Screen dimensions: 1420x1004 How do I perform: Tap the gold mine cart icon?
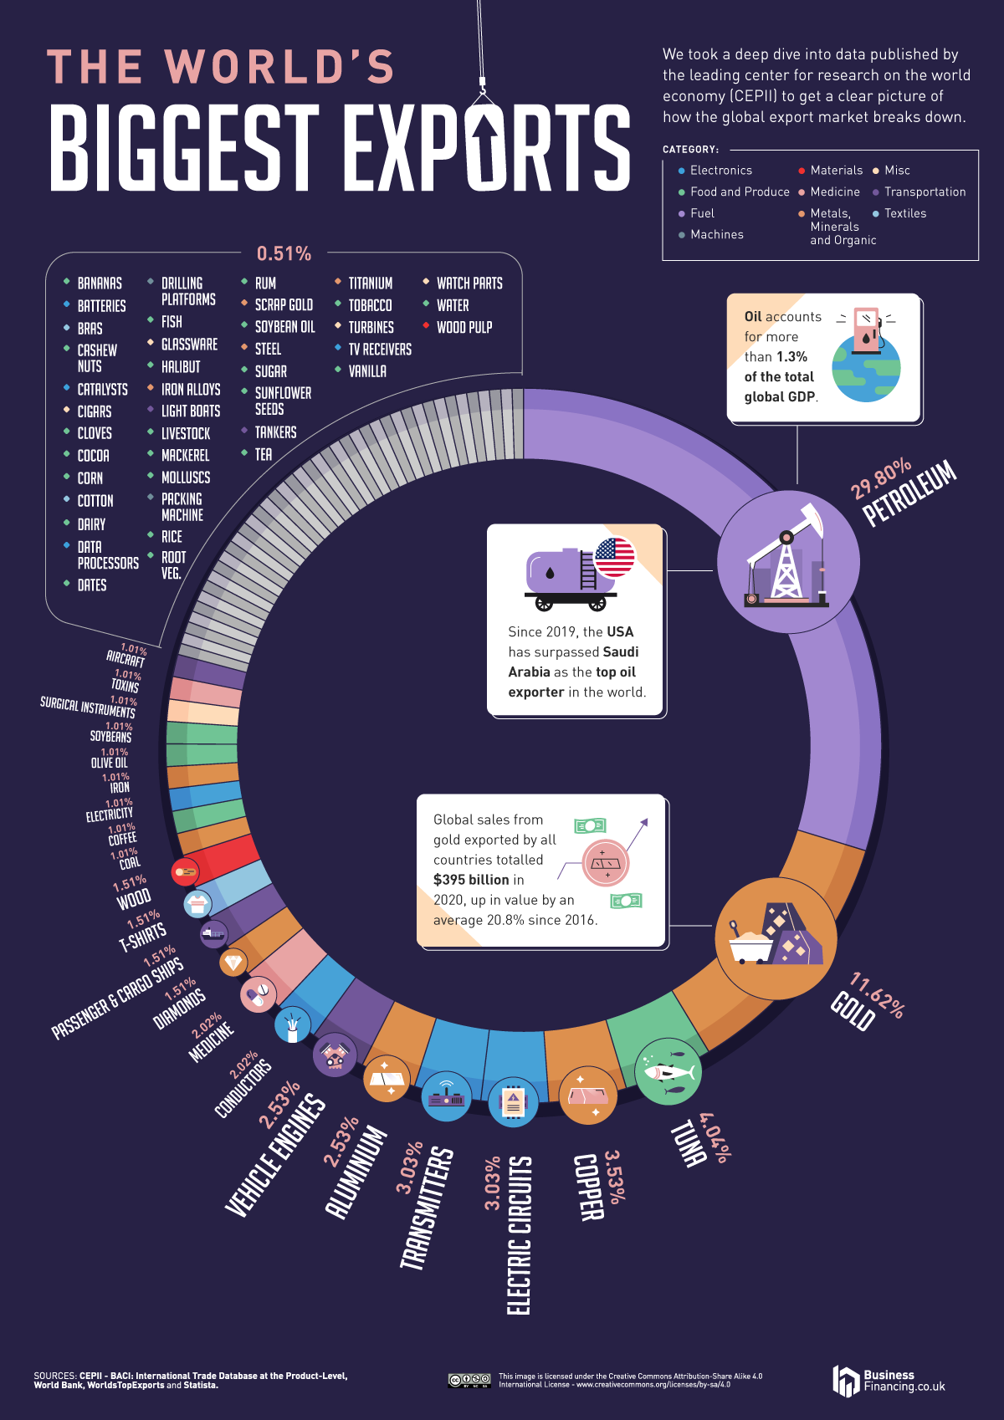coord(775,938)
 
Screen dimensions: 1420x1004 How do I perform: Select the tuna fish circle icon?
coord(667,1072)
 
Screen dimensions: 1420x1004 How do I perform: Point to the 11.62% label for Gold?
coord(877,994)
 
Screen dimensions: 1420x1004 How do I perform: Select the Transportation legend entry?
coord(925,192)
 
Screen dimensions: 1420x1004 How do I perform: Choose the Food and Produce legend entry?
coord(739,192)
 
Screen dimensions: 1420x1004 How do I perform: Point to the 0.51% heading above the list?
coord(284,253)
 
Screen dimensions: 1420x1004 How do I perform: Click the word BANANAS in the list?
coord(100,283)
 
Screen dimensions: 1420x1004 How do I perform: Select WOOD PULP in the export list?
coord(464,328)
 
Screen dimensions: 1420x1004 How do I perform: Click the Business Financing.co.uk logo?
coord(889,1381)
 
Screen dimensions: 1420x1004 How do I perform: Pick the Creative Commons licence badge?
coord(469,1381)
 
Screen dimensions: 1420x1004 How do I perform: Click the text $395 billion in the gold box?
coord(471,880)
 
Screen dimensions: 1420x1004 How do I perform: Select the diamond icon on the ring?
coord(233,963)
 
